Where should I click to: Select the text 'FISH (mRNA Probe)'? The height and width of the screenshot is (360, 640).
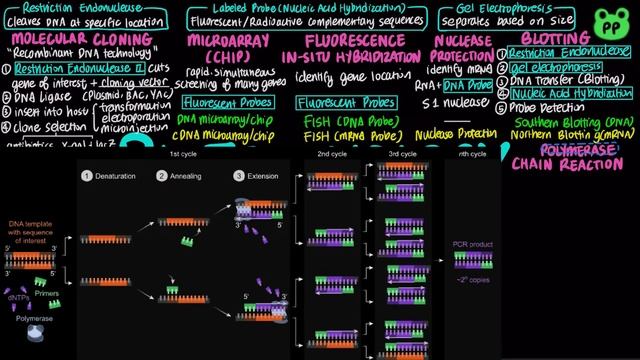pos(351,133)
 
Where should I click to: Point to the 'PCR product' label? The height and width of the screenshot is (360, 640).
pos(474,242)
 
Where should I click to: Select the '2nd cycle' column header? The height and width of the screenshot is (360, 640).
pos(331,155)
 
